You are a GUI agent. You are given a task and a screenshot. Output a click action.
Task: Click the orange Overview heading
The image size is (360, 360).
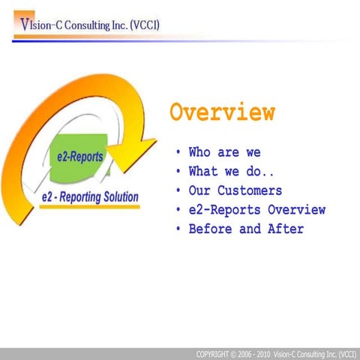pyautogui.click(x=222, y=112)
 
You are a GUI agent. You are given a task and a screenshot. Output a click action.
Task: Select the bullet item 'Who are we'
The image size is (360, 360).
pyautogui.click(x=224, y=152)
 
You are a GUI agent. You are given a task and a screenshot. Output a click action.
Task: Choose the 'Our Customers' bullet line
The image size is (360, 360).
pyautogui.click(x=235, y=190)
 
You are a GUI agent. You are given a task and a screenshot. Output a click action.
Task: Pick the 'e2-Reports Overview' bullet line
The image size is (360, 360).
pyautogui.click(x=257, y=209)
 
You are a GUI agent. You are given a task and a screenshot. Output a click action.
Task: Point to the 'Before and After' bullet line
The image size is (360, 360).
pyautogui.click(x=246, y=229)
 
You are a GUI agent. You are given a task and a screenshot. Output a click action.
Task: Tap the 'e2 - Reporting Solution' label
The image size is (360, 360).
pyautogui.click(x=89, y=197)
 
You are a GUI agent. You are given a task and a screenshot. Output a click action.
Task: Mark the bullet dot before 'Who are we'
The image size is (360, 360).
pyautogui.click(x=178, y=153)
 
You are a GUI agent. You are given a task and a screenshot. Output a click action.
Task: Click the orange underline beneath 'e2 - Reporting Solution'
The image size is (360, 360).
pyautogui.click(x=89, y=206)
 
